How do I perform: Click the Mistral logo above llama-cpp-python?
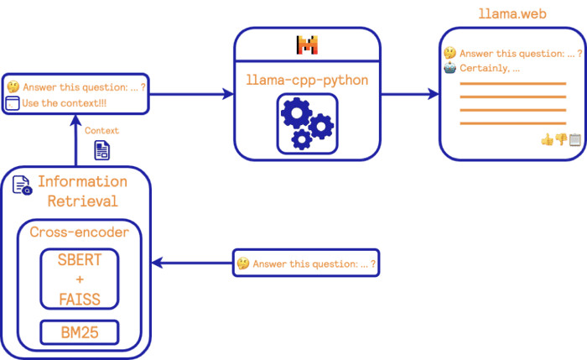308,45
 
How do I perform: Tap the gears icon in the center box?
307,123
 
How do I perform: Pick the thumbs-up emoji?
547,140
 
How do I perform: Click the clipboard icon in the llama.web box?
574,140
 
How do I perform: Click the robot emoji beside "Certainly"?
450,68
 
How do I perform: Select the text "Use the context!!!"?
65,103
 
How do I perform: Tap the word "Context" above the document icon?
102,130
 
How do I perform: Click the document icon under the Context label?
101,150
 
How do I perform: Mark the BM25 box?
80,332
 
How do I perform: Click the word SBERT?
80,260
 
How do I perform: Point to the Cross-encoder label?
80,232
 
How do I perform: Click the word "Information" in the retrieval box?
82,182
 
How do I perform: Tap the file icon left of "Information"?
22,185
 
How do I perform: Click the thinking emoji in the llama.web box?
450,54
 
